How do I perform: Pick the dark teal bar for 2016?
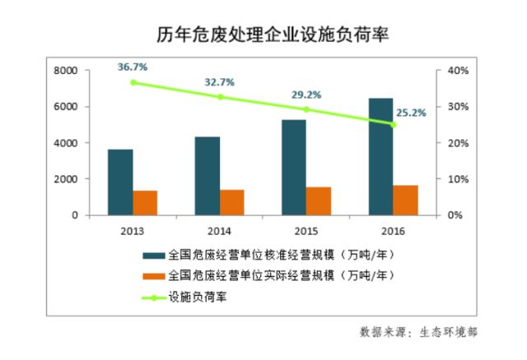click(380, 157)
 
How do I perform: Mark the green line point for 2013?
click(133, 82)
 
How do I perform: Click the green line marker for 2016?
click(393, 124)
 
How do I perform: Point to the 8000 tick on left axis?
click(66, 72)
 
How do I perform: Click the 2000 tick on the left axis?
click(66, 179)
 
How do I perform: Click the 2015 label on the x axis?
click(305, 231)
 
